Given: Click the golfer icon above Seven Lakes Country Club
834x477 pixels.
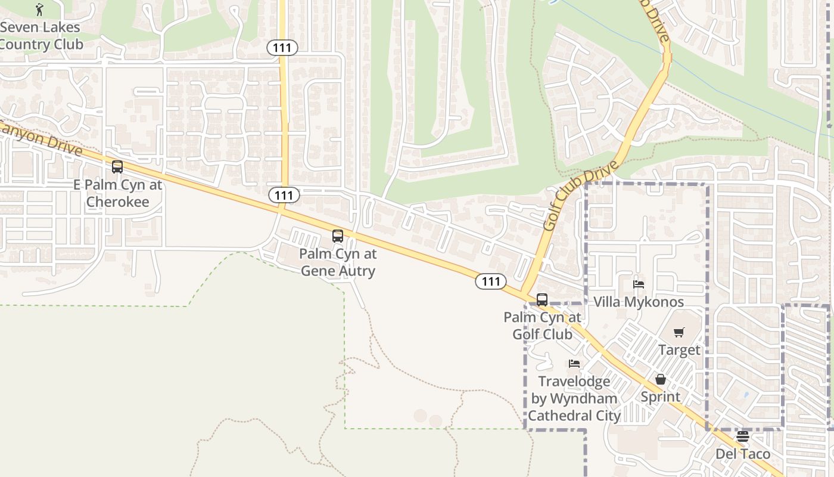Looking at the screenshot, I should tap(40, 9).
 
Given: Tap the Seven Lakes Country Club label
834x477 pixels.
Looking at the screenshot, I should tap(39, 36).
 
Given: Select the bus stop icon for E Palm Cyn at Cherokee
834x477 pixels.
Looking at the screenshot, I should tap(117, 167).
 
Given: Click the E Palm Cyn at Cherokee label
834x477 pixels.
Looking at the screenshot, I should tap(117, 193).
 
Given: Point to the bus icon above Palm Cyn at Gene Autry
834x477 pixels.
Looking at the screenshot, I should tap(338, 236).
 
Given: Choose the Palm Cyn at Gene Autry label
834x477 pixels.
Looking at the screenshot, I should tap(338, 262).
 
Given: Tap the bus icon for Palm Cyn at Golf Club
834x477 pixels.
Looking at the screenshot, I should tap(542, 300).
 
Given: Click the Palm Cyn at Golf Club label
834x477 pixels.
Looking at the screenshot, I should tap(542, 326).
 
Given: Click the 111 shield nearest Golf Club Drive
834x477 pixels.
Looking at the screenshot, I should tap(490, 281).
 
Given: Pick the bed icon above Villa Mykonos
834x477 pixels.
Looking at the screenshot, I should tap(639, 284).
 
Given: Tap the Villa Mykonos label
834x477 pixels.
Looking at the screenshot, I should tap(639, 302).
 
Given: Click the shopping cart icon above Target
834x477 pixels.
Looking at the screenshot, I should tap(679, 332).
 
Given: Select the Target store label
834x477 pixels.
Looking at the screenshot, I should tap(679, 350).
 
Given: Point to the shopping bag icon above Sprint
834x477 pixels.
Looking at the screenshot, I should tap(661, 379).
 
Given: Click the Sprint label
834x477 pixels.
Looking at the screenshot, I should tap(661, 397).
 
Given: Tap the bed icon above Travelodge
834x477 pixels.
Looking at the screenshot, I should tap(574, 363).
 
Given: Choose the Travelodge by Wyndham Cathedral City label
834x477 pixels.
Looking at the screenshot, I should tap(574, 398).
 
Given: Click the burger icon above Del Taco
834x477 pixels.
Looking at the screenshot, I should tap(742, 436).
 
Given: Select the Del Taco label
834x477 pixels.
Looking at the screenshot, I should tap(742, 454).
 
